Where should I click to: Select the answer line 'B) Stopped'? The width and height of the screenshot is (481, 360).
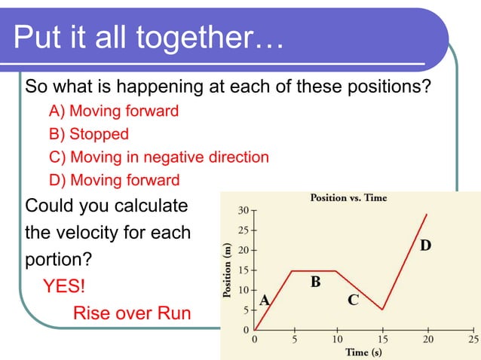click(x=89, y=134)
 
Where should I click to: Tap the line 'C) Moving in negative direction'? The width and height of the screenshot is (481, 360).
click(x=159, y=157)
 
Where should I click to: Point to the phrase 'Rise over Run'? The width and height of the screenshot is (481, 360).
click(x=131, y=313)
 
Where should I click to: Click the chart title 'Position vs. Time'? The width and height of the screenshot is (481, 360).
click(x=349, y=197)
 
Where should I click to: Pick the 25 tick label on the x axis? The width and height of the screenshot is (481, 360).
click(x=470, y=339)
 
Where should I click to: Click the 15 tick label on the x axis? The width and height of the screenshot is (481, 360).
click(x=383, y=339)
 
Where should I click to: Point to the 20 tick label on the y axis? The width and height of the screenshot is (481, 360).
click(x=244, y=249)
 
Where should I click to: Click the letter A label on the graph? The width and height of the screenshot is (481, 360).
click(x=265, y=301)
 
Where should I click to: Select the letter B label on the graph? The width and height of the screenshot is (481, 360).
click(x=316, y=282)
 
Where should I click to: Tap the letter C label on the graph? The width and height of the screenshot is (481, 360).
click(x=353, y=301)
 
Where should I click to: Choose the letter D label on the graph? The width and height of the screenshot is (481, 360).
click(x=425, y=246)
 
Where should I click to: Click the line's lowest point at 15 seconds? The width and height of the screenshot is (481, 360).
click(x=383, y=310)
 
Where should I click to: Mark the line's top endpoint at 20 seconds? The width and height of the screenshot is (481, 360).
click(x=427, y=214)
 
